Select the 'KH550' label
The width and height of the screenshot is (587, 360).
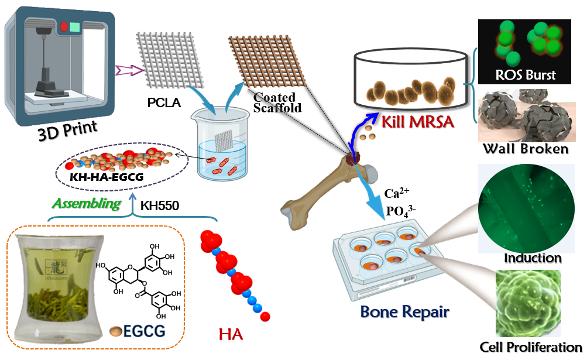click(x=159, y=205)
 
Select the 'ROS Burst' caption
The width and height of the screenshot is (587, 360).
click(x=524, y=75)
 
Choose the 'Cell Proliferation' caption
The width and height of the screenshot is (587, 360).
click(x=531, y=347)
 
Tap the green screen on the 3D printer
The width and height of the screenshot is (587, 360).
click(x=74, y=27)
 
